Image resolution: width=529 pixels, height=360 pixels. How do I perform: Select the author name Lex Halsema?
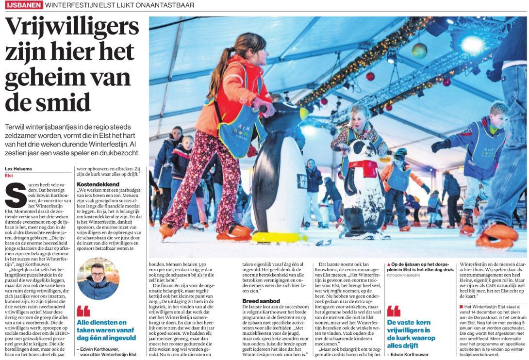click(17, 168)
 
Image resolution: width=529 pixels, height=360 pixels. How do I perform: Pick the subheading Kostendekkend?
click(99, 184)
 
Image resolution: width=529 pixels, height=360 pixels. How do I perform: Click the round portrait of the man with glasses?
click(98, 278)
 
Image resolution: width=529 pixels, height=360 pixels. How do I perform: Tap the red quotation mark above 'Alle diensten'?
click(83, 311)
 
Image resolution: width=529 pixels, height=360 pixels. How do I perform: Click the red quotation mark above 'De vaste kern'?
click(393, 311)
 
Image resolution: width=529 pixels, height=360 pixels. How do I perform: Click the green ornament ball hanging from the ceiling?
click(419, 50)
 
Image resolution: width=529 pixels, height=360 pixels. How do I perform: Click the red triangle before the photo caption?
click(389, 264)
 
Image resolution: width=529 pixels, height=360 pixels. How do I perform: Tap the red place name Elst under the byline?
click(9, 175)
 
